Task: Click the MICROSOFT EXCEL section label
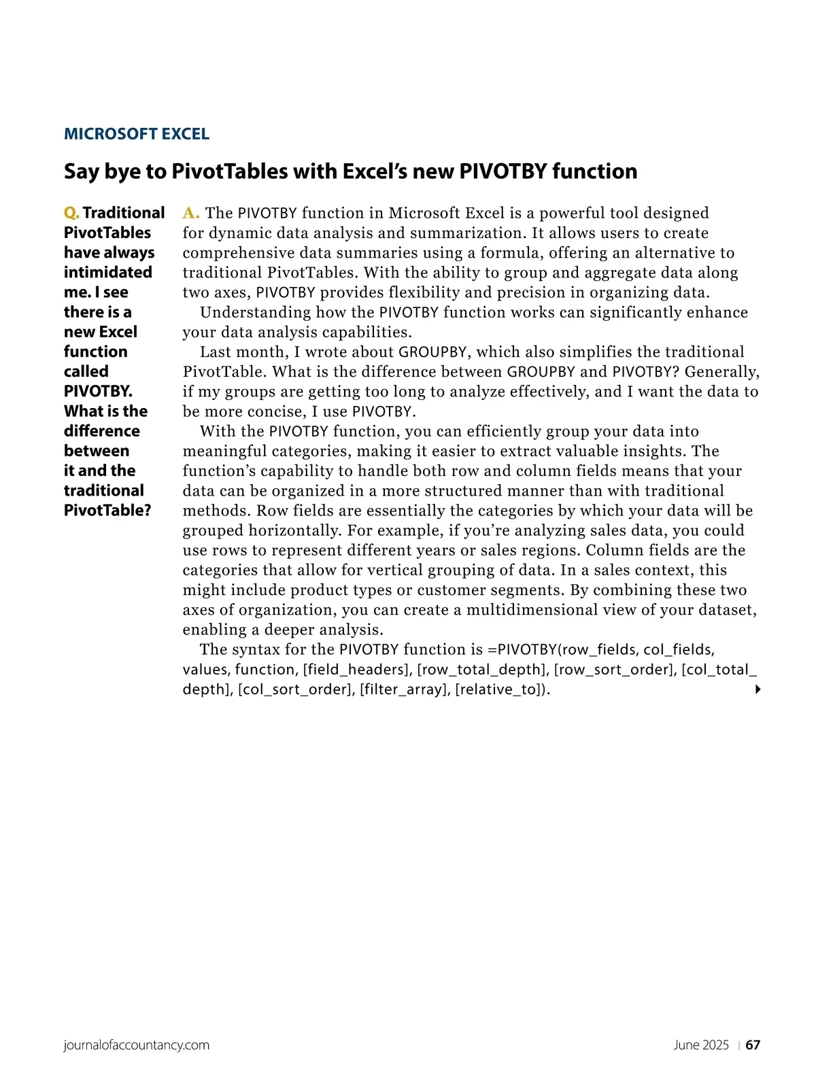[136, 134]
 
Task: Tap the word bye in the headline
[123, 171]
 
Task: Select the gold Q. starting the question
[71, 214]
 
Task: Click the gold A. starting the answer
[191, 214]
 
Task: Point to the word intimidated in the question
[107, 272]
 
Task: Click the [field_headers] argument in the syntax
[356, 670]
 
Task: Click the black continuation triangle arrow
[758, 690]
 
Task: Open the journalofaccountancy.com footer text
[136, 1045]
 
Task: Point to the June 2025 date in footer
[700, 1045]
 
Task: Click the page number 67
[753, 1045]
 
